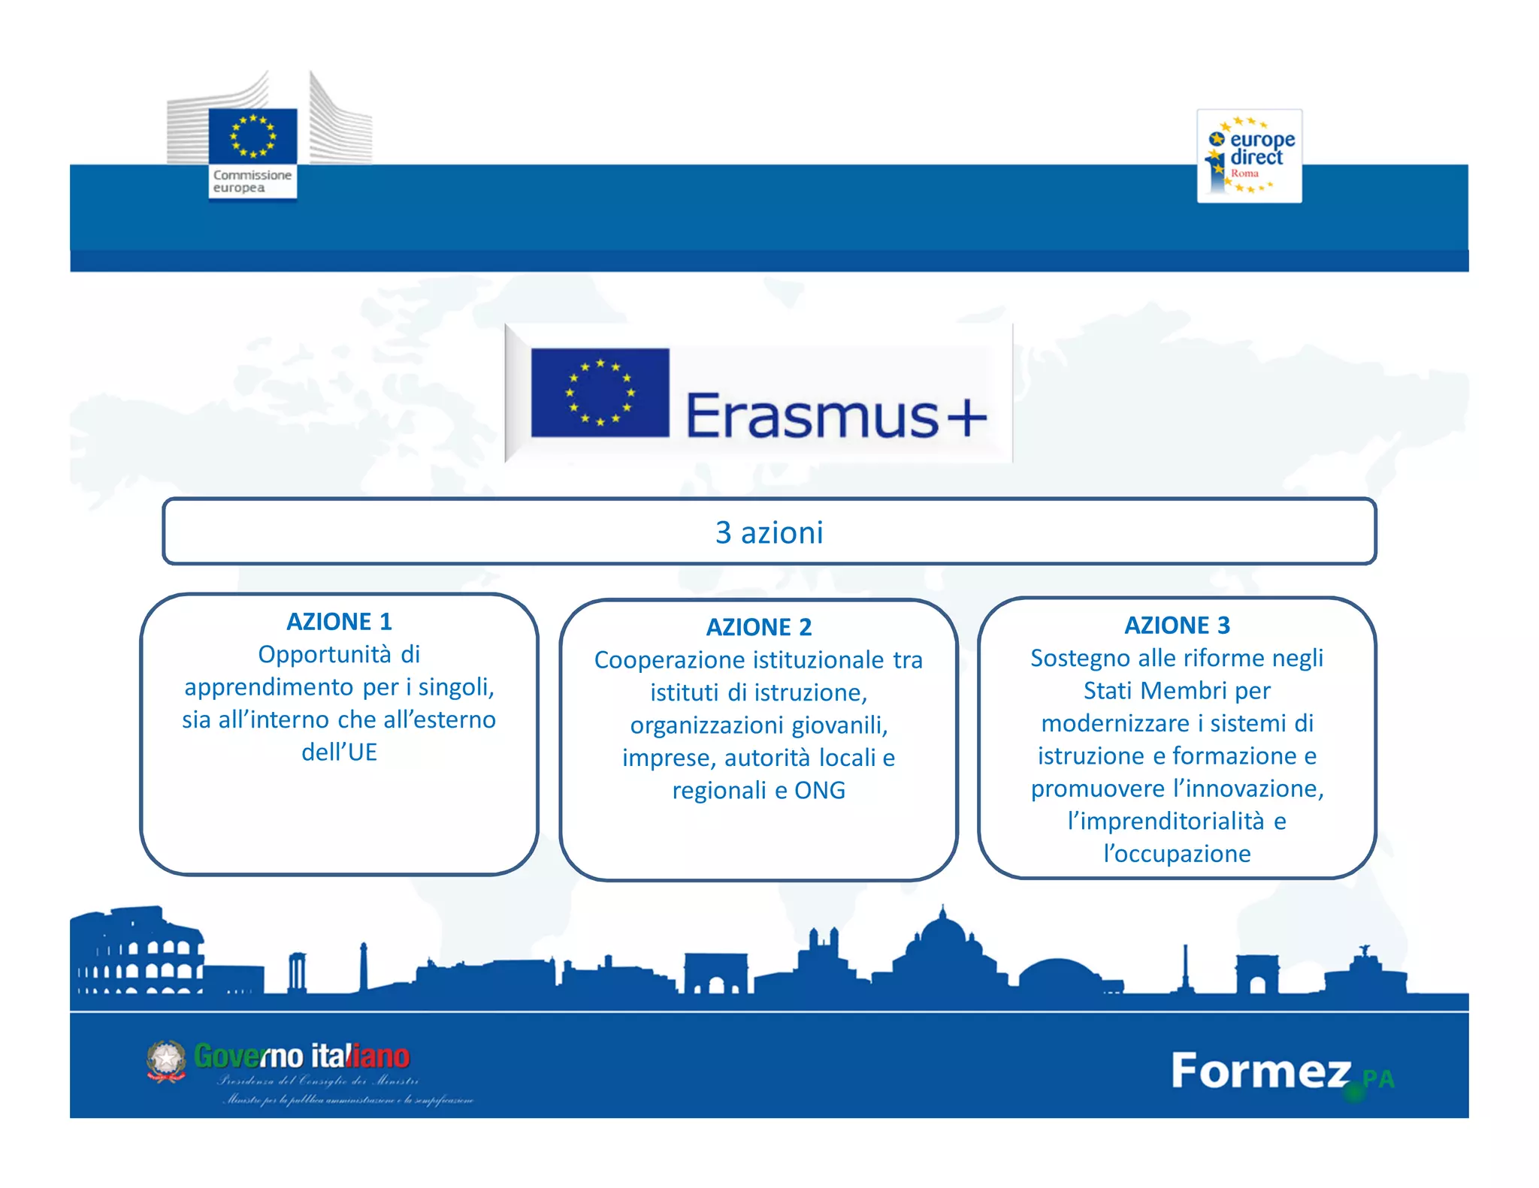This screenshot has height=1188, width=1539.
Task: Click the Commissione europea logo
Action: tap(252, 150)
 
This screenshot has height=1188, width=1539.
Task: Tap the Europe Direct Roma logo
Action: tap(1249, 156)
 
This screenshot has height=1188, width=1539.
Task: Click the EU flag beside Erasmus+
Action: tap(600, 393)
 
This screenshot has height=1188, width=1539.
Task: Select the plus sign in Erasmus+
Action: tap(966, 417)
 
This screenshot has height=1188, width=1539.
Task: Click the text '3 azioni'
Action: tap(769, 532)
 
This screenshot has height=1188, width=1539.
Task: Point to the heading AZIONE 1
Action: tap(339, 622)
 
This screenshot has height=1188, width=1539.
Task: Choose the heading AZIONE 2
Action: tap(759, 627)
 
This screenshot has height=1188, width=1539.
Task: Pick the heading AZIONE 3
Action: tap(1177, 625)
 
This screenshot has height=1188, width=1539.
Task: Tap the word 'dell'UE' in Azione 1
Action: tap(339, 752)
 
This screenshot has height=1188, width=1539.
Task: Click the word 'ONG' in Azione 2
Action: tap(820, 790)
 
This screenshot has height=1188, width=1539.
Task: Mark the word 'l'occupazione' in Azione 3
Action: tap(1177, 854)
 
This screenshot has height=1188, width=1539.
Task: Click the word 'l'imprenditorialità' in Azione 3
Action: tap(1166, 821)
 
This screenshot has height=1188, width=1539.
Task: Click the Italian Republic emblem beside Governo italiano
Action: tap(166, 1060)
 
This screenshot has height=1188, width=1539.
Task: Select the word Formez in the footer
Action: tap(1261, 1071)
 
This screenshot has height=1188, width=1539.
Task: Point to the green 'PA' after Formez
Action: tap(1379, 1079)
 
